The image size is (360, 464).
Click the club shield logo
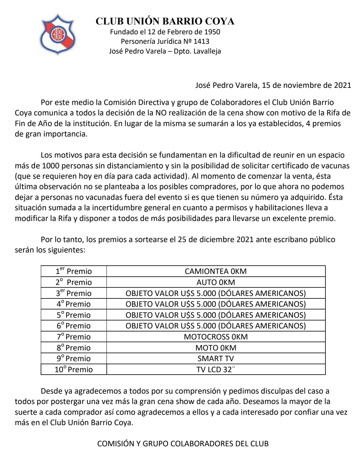pos(58,34)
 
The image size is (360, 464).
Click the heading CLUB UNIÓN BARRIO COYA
pos(165,21)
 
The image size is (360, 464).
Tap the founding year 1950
pos(212,32)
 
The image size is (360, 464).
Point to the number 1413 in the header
pos(201,41)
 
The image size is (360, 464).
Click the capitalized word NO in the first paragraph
pos(161,113)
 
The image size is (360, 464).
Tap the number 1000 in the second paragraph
pos(50,166)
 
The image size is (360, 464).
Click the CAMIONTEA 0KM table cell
pos(216,271)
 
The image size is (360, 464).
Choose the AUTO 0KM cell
pos(216,282)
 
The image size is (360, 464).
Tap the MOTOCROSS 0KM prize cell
pos(216,337)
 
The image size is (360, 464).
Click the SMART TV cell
pos(216,358)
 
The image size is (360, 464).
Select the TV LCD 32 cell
pos(216,369)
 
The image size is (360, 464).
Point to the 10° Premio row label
pos(74,369)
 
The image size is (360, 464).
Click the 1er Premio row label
pos(74,271)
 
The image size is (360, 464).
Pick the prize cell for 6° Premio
pos(216,326)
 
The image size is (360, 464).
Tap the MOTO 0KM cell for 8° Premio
pos(216,348)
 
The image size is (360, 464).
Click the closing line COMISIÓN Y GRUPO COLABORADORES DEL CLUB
pos(183,443)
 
